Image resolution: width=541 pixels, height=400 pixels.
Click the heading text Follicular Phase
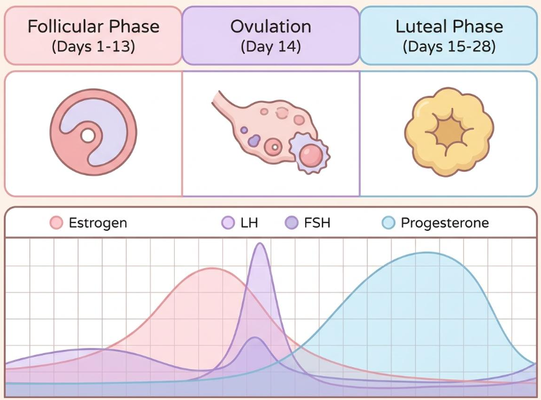coord(94,26)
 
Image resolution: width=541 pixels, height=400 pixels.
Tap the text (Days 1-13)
coord(94,46)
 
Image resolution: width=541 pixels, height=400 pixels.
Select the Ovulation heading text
coord(271,26)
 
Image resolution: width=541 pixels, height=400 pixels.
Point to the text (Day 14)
coord(271,46)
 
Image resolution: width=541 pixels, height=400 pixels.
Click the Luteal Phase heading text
coord(449,26)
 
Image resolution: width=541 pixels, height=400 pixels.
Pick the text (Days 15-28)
coord(449,46)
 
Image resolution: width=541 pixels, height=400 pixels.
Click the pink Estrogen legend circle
coord(57,223)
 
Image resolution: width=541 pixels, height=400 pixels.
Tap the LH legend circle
coord(227,223)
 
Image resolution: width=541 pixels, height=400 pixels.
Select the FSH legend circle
coord(292,223)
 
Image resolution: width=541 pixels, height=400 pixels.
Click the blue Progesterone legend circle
coord(389,223)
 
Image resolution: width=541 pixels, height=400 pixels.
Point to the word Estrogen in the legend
coord(98,223)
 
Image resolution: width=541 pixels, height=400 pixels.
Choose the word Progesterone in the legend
coord(445,223)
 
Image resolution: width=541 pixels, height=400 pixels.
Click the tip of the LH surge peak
coord(260,244)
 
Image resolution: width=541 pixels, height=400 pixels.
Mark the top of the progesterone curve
coord(427,253)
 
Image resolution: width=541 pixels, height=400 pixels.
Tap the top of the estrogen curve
coord(212,268)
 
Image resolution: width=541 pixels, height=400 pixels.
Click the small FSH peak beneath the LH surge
coord(254,338)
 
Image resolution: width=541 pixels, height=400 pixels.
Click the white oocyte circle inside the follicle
coord(87,136)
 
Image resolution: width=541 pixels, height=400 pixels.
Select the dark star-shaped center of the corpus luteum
coord(449,132)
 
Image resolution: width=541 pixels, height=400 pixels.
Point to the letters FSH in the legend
coord(317,223)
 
